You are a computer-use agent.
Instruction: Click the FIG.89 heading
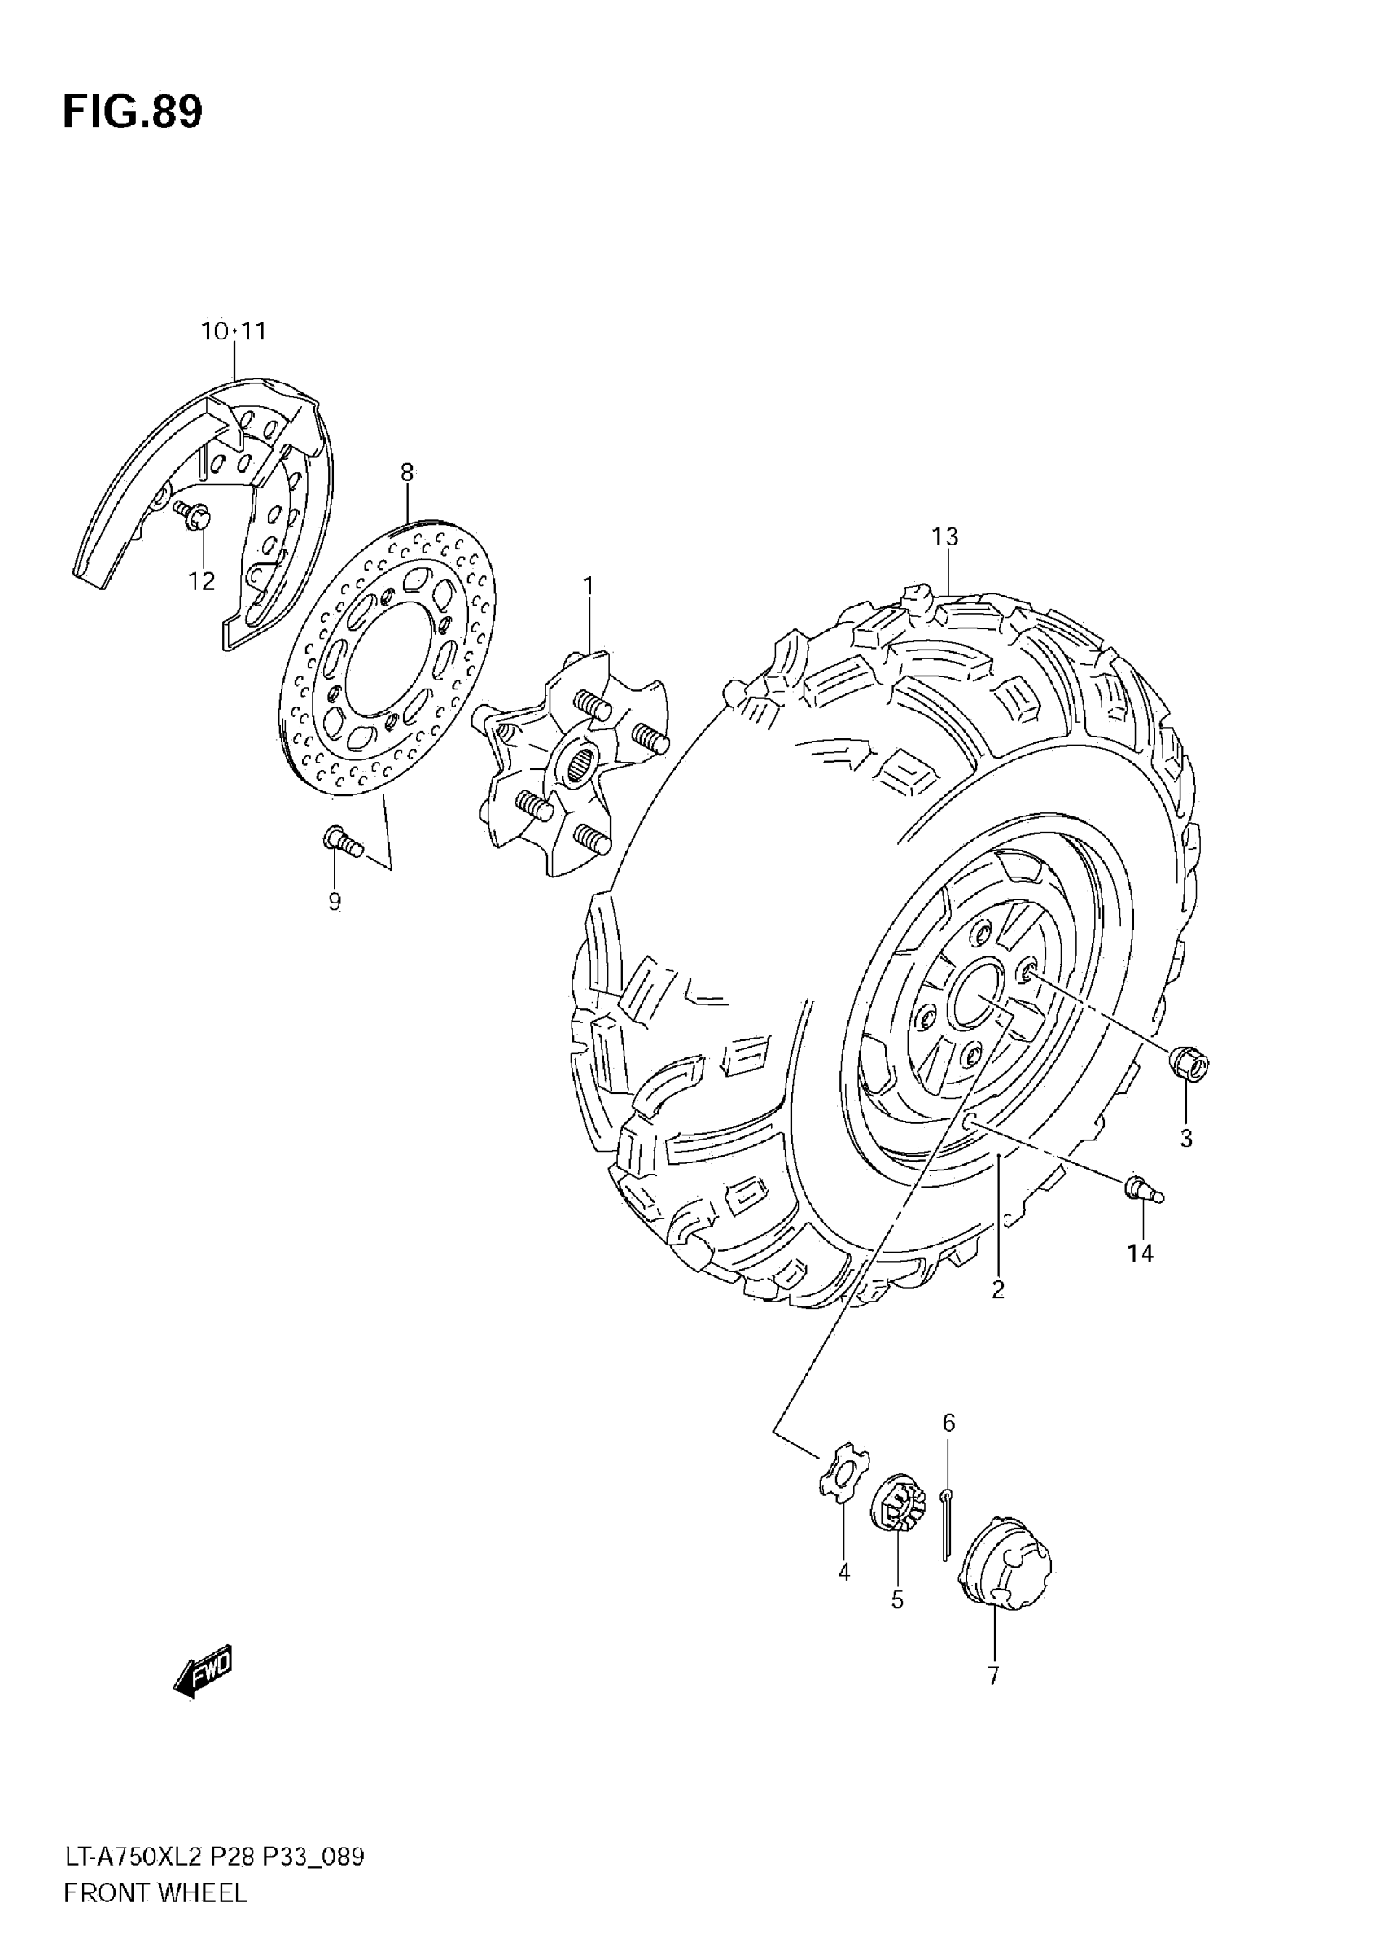[x=133, y=112]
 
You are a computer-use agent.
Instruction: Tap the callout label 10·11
[x=233, y=331]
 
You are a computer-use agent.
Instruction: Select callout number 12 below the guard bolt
[x=202, y=581]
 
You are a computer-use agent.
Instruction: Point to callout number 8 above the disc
[x=406, y=472]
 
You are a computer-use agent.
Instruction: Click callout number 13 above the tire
[x=945, y=537]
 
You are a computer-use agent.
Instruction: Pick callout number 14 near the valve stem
[x=1140, y=1253]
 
